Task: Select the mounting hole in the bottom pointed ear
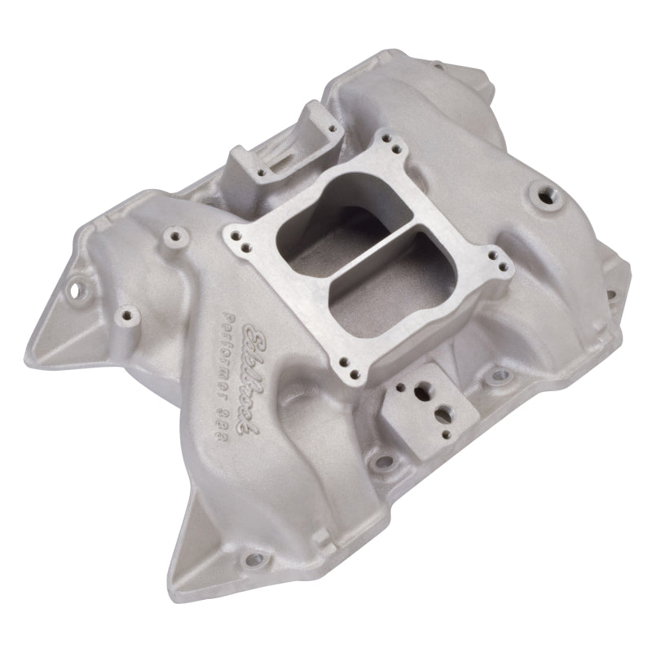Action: pos(255,558)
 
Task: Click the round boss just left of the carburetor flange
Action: pos(171,236)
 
